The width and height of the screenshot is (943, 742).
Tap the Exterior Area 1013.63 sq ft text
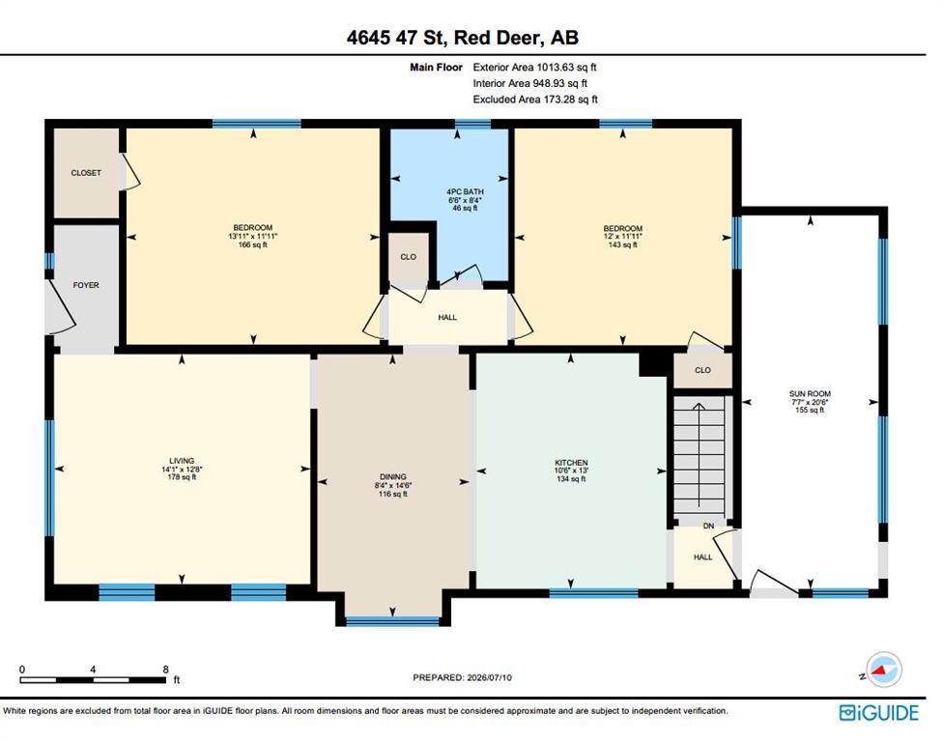[x=534, y=68]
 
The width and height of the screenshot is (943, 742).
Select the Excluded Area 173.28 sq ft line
[x=535, y=100]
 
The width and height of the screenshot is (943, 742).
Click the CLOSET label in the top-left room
[x=86, y=173]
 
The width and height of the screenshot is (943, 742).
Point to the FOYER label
[x=86, y=285]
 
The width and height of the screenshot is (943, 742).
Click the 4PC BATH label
[x=465, y=191]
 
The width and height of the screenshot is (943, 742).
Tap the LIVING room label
[x=182, y=461]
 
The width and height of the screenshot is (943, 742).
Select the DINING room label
[x=392, y=476]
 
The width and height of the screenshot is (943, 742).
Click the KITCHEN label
[x=571, y=463]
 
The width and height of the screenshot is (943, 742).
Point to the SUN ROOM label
[x=810, y=394]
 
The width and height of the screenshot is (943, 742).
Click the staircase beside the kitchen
[x=699, y=455]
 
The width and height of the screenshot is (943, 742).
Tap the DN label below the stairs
[x=708, y=527]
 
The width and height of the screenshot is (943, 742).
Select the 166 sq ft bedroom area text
[x=253, y=244]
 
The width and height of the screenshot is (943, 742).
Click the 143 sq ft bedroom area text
[x=622, y=244]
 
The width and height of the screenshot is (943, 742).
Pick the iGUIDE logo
[x=878, y=713]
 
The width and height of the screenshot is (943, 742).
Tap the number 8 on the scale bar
[x=166, y=670]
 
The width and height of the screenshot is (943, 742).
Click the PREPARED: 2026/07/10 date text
[x=462, y=677]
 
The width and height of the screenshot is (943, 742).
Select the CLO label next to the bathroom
[x=409, y=257]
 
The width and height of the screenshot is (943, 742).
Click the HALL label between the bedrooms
[x=447, y=317]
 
